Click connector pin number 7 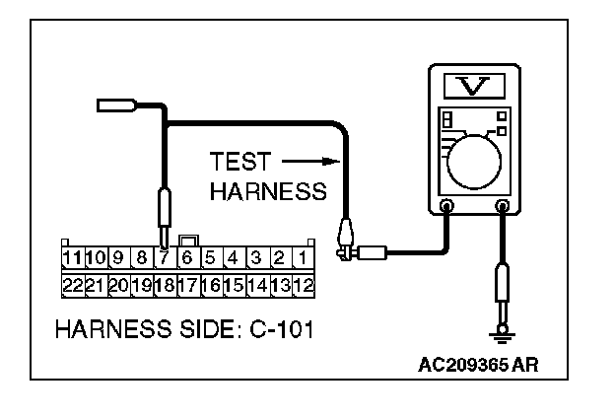tap(164, 259)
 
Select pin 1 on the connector tap(304, 259)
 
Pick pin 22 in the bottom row tap(71, 285)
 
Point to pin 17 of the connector tap(187, 285)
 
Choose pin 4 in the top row tap(234, 259)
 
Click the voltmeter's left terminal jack tap(446, 207)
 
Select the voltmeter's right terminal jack tap(504, 207)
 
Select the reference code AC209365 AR tap(478, 364)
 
